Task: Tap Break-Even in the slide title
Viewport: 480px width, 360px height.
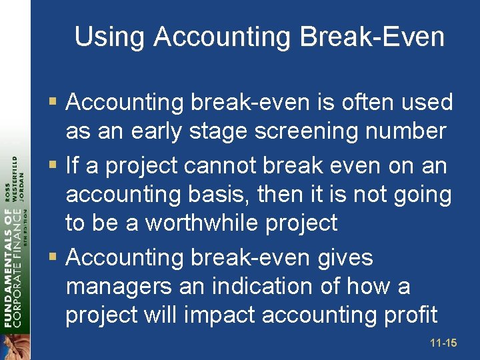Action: [x=372, y=37]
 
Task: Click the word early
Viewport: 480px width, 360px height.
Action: [x=158, y=131]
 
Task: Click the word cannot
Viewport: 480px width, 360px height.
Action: [x=224, y=165]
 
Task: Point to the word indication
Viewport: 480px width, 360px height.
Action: [x=263, y=286]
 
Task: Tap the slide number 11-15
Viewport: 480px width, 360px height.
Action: [x=443, y=343]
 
